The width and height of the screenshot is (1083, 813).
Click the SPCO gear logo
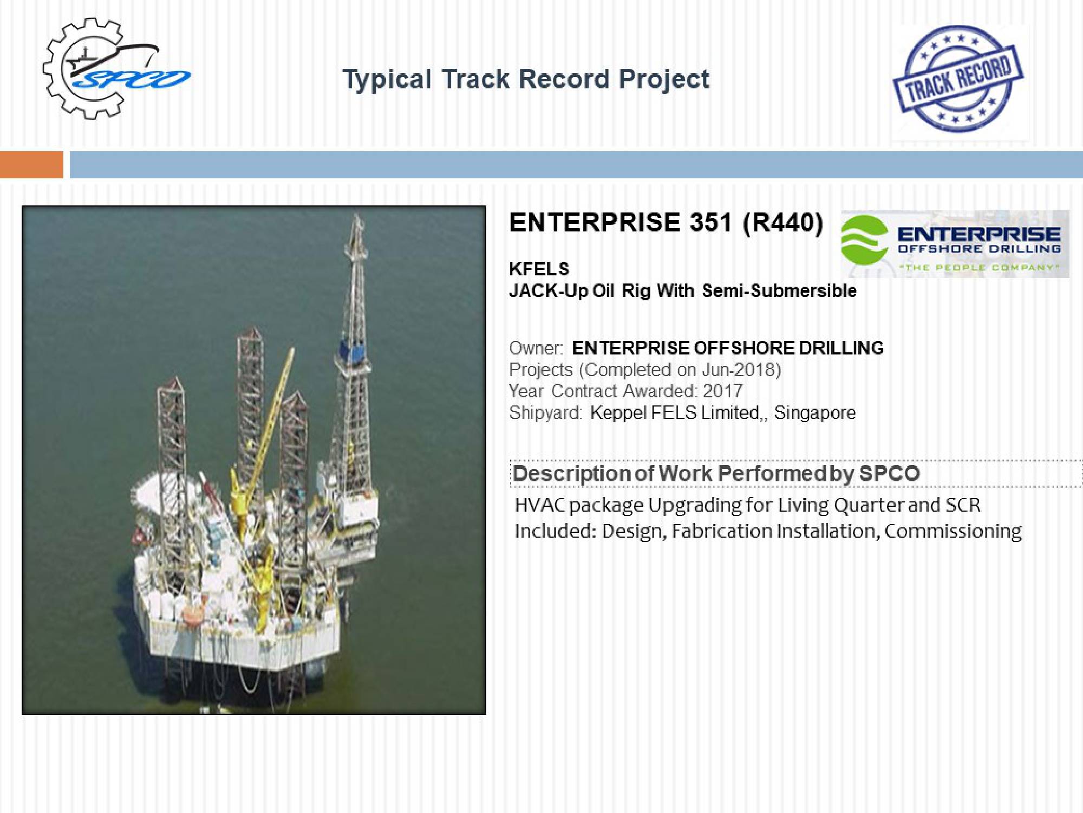click(116, 68)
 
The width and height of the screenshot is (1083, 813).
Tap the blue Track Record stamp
click(958, 79)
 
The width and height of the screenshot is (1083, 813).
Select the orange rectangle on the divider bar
click(31, 165)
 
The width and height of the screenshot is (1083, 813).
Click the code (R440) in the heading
click(783, 223)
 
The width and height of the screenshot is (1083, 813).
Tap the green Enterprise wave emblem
click(864, 240)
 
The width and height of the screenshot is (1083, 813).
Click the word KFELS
click(539, 269)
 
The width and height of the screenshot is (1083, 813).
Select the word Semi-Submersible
click(779, 291)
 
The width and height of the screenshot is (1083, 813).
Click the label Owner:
click(536, 348)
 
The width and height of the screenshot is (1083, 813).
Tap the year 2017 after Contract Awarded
click(723, 391)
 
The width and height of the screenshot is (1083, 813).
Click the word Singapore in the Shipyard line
click(814, 413)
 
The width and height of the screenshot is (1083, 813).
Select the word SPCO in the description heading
click(889, 474)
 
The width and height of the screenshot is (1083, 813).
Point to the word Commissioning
click(953, 531)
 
